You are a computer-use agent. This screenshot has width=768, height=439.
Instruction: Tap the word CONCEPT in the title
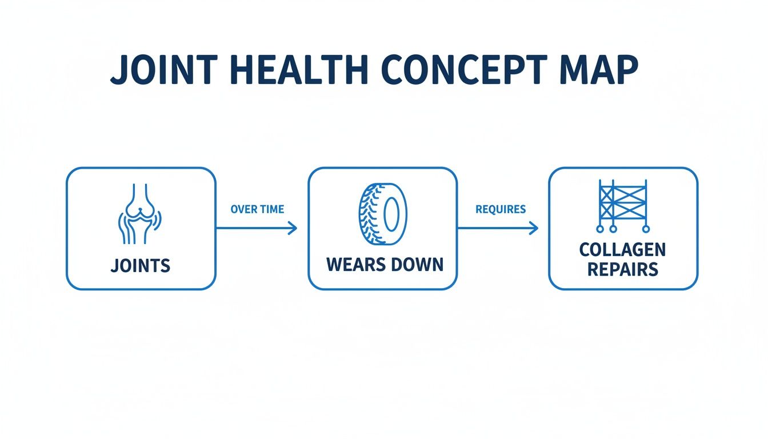click(461, 72)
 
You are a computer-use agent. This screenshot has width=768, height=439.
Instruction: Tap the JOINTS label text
click(141, 265)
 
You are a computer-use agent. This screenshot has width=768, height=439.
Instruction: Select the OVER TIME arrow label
click(257, 209)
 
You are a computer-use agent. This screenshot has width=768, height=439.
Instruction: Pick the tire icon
click(382, 214)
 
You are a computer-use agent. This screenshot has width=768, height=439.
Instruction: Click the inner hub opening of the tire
click(391, 215)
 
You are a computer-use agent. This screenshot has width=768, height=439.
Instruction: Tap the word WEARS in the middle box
click(354, 265)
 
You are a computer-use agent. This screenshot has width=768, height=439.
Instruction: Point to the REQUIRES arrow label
click(501, 209)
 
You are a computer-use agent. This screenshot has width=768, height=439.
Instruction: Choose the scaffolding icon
click(623, 206)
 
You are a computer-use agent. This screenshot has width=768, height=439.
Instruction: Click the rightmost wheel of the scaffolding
click(646, 229)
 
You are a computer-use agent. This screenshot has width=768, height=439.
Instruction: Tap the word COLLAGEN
click(622, 250)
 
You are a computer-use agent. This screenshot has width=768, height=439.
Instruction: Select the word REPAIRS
click(622, 269)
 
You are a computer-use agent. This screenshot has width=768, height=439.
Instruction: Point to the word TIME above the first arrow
click(271, 209)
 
